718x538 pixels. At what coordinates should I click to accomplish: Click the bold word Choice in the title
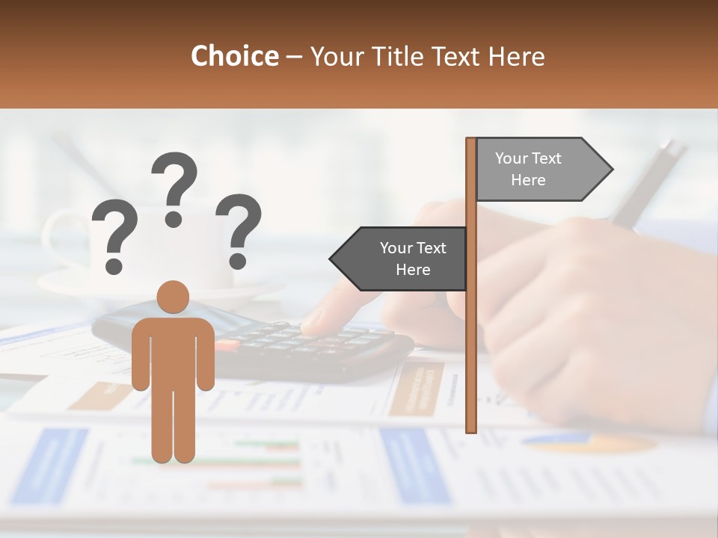click(x=234, y=56)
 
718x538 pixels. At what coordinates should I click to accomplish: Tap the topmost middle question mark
click(x=174, y=187)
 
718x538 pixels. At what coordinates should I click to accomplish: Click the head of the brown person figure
click(x=173, y=297)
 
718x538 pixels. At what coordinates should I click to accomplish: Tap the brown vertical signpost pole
click(x=471, y=336)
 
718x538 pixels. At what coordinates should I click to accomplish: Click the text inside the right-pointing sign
click(x=528, y=169)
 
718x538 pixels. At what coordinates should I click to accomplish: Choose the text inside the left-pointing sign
click(x=413, y=259)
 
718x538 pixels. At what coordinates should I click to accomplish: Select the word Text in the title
click(x=458, y=56)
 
